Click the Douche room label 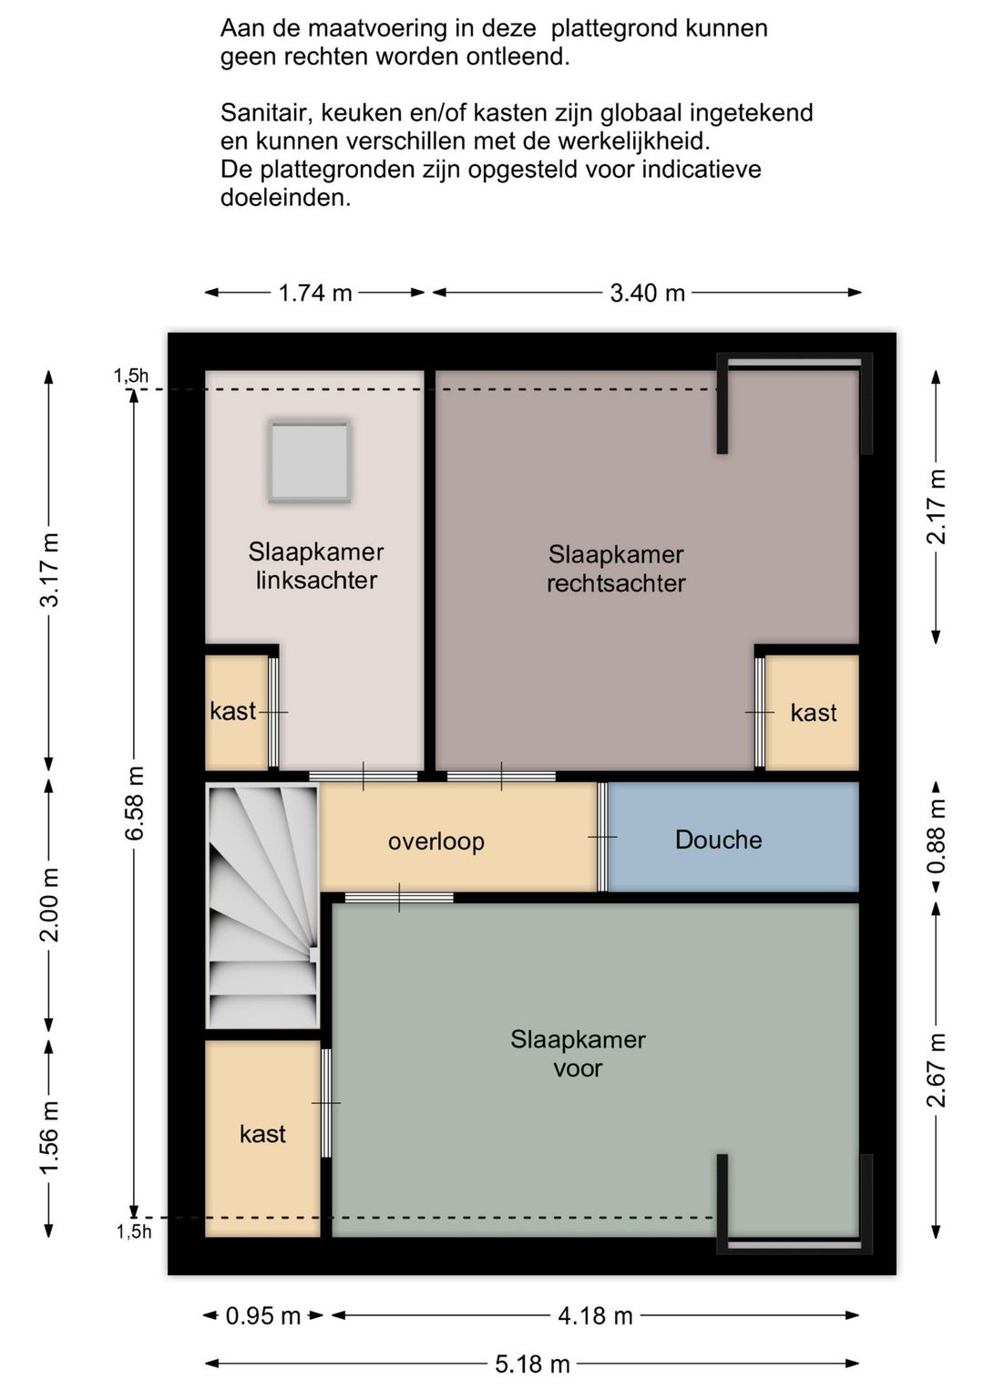coord(718,840)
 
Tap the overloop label coord(436,841)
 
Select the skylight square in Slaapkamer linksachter coord(310,460)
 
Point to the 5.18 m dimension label coord(532,1364)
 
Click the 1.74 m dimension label coord(314,293)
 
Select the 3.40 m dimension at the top coord(648,293)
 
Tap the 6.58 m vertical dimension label coord(135,803)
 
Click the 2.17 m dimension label coord(937,507)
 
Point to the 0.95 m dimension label coord(262,1314)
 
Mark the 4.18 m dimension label coord(595,1314)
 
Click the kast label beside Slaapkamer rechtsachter coord(814,712)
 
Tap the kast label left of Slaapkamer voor coord(262,1134)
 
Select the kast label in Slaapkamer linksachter coord(233,711)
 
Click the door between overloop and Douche coord(602,837)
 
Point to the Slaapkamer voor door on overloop coord(399,897)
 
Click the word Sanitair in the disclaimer coord(264,112)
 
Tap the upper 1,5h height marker coord(131,376)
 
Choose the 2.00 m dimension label coord(51,905)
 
